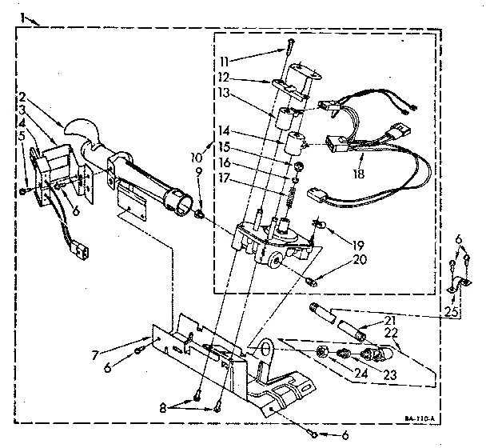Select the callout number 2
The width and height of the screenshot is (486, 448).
23,94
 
